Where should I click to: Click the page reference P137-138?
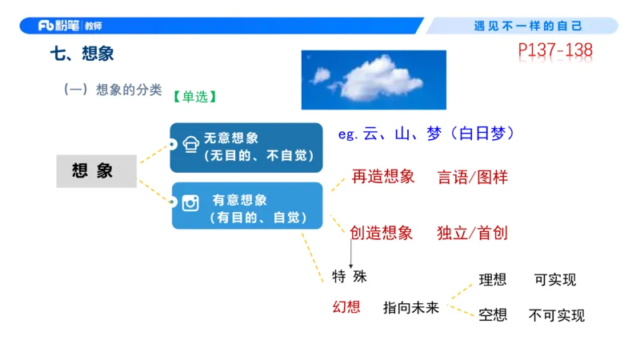pyautogui.click(x=555, y=52)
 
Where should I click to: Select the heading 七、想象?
pyautogui.click(x=82, y=54)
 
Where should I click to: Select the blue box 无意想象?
pyautogui.click(x=246, y=147)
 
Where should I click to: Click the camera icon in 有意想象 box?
pyautogui.click(x=190, y=203)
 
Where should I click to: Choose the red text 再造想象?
pyautogui.click(x=383, y=177)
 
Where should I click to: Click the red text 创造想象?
pyautogui.click(x=382, y=233)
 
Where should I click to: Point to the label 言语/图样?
pyautogui.click(x=473, y=177)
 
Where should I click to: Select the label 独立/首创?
pyautogui.click(x=473, y=234)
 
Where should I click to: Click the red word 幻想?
pyautogui.click(x=346, y=306)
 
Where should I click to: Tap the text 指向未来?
pyautogui.click(x=411, y=307)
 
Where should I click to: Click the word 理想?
pyautogui.click(x=493, y=280)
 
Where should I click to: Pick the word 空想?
pyautogui.click(x=493, y=315)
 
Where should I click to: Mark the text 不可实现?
pyautogui.click(x=557, y=316)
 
